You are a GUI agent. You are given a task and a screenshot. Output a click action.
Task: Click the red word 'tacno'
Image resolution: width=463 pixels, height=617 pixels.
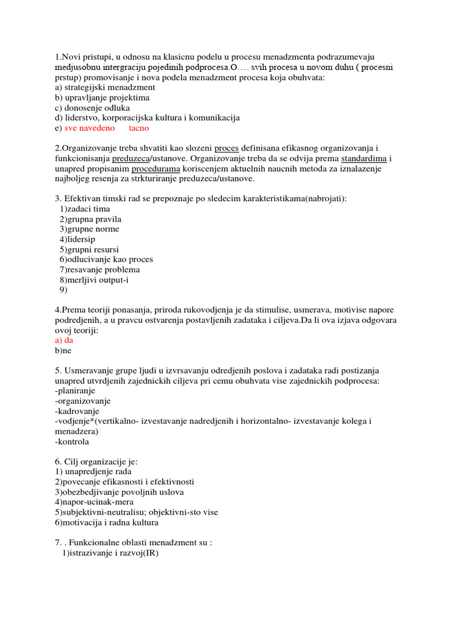tap(139, 128)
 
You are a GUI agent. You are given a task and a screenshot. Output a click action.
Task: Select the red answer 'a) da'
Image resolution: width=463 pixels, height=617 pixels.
tap(64, 340)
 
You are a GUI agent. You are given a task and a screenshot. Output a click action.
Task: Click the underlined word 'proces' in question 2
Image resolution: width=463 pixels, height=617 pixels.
tap(227, 148)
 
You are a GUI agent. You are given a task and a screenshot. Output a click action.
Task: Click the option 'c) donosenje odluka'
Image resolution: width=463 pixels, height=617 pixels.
tap(92, 108)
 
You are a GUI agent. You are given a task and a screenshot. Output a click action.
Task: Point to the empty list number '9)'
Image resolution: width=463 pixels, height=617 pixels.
tap(63, 290)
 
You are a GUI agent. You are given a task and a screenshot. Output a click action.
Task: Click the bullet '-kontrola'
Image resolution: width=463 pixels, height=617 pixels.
tap(71, 442)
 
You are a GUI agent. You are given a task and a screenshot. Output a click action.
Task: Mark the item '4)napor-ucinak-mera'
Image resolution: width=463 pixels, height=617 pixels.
tap(94, 502)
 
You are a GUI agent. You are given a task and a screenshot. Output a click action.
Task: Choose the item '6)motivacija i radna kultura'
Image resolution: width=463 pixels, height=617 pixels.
tap(107, 522)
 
